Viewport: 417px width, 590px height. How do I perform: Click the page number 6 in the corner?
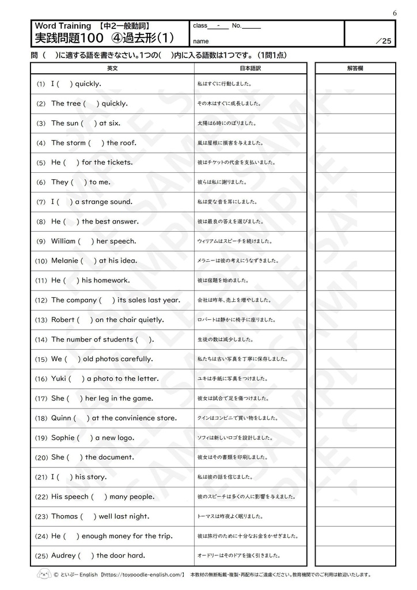click(395, 13)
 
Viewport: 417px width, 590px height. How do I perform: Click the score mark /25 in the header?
click(383, 40)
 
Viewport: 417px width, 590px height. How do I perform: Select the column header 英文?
click(112, 68)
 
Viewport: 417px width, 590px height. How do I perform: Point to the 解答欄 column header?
click(355, 68)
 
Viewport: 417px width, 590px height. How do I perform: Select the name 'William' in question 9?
click(63, 241)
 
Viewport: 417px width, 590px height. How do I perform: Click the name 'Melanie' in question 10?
click(65, 261)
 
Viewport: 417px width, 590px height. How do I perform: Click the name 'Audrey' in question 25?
click(63, 556)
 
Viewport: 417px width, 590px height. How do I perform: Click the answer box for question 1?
click(355, 84)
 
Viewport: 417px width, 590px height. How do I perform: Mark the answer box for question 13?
click(355, 320)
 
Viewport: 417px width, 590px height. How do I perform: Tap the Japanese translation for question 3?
click(227, 123)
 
